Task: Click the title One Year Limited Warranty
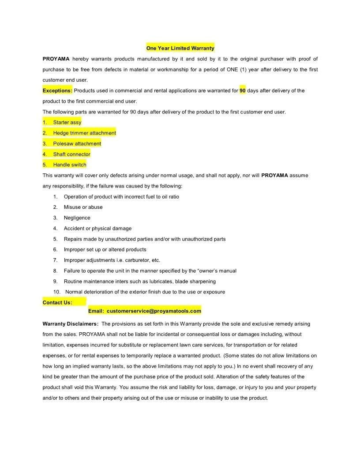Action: tap(180, 48)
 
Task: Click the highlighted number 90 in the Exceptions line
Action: tap(242, 90)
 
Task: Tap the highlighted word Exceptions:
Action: tap(57, 90)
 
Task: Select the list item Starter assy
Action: tap(67, 122)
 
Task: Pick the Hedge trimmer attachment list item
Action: tap(84, 133)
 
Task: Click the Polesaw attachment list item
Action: tap(77, 143)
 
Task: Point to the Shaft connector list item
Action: tap(71, 154)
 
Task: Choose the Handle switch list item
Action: tap(70, 165)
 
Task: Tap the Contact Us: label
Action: tap(57, 302)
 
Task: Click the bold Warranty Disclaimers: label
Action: tap(70, 323)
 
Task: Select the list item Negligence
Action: tap(77, 218)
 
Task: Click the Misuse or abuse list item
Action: tap(83, 207)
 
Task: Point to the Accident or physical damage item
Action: tap(97, 228)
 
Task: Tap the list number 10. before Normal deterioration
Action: tap(57, 292)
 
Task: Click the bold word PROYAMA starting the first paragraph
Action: tap(56, 59)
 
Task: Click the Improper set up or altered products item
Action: tap(105, 249)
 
